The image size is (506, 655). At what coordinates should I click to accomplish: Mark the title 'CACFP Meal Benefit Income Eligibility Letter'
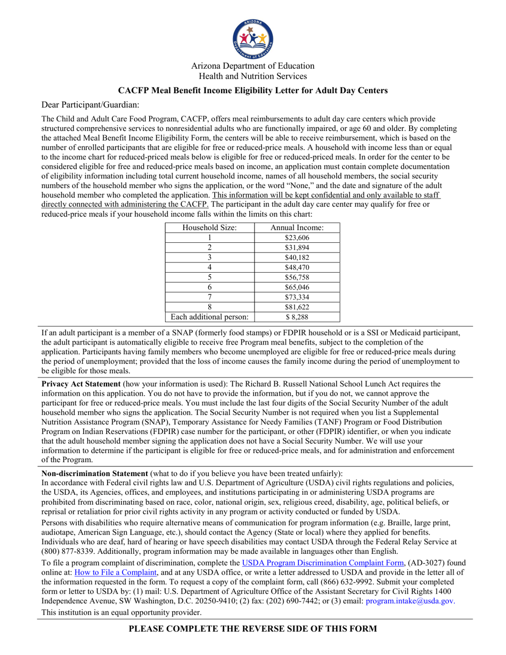(x=252, y=91)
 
